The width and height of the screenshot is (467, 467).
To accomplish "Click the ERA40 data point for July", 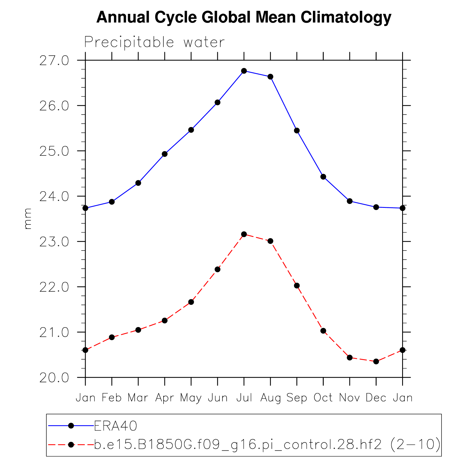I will click(x=244, y=71).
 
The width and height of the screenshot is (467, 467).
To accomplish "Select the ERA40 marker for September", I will click(x=297, y=131).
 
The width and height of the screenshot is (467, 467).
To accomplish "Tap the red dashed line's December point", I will click(x=376, y=361).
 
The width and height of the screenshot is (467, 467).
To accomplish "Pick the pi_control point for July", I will click(x=244, y=234).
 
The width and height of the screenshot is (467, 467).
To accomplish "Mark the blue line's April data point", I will click(x=165, y=154).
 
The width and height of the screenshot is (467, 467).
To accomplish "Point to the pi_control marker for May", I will click(x=191, y=302).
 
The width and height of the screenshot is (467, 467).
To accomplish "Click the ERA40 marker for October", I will click(x=323, y=177).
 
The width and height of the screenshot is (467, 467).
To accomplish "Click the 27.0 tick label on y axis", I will click(x=54, y=61).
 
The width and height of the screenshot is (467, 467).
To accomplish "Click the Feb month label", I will click(x=112, y=398).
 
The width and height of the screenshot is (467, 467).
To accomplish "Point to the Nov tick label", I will click(x=349, y=398).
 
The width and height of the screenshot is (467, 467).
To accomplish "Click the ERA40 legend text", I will click(x=116, y=426).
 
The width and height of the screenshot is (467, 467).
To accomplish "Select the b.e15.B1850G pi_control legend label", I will click(x=267, y=445).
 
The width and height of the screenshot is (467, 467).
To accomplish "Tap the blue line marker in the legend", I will click(x=71, y=426).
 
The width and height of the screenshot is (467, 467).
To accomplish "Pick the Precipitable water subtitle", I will click(x=154, y=42).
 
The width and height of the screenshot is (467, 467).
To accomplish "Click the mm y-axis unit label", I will click(x=28, y=219).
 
